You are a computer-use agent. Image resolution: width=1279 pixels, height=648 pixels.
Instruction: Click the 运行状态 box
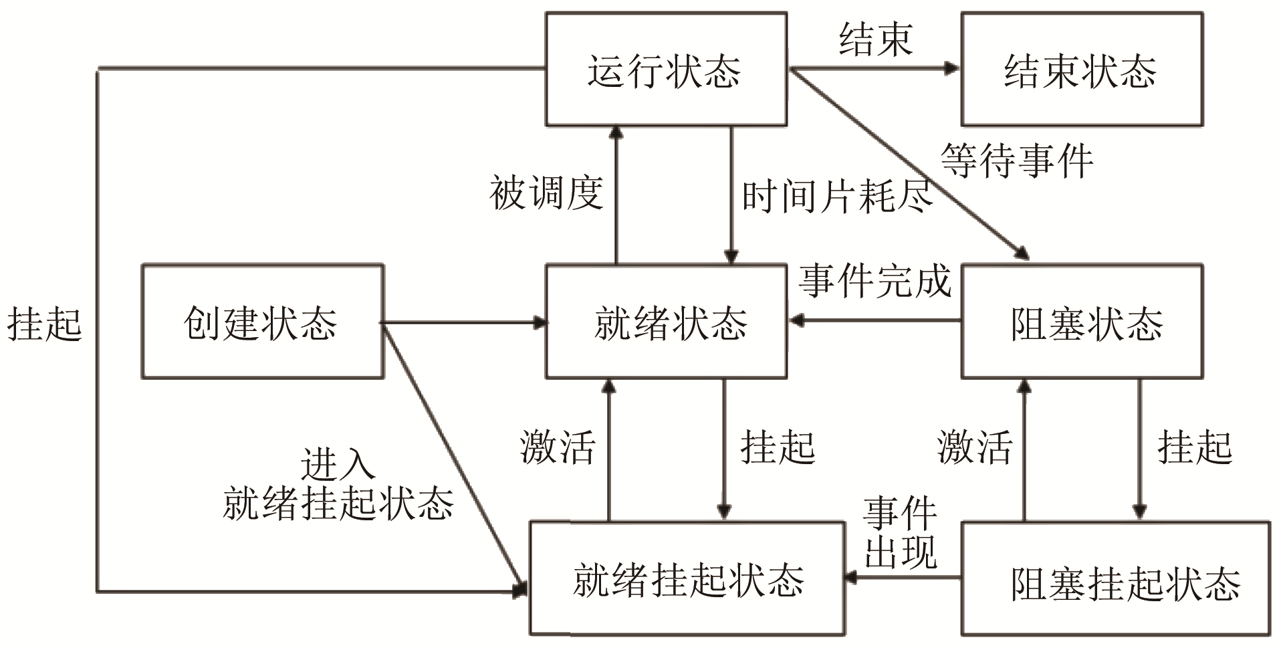[666, 70]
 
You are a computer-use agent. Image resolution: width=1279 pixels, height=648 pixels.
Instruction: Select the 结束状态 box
[1081, 70]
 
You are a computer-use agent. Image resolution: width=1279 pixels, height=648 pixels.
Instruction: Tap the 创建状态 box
[262, 322]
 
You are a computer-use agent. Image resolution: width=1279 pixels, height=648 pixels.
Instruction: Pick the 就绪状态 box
[666, 322]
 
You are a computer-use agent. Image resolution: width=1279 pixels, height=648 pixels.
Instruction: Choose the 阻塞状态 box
[1081, 322]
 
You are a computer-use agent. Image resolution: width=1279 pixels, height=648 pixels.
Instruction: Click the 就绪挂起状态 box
[687, 578]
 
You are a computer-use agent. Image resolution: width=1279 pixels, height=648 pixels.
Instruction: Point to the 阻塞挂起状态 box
[1115, 578]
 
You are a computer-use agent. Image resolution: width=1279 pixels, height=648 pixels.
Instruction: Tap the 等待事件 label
[1017, 161]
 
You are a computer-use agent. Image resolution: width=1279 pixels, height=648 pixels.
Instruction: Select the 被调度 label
[546, 193]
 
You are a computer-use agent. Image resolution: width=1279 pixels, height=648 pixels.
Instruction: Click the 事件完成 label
[875, 281]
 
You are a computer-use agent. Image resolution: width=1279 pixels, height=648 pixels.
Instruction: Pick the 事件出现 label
[900, 532]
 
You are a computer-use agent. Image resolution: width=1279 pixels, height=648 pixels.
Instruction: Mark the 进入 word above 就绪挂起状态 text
[338, 464]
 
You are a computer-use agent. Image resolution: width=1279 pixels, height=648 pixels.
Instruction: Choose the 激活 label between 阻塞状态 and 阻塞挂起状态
[975, 447]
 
